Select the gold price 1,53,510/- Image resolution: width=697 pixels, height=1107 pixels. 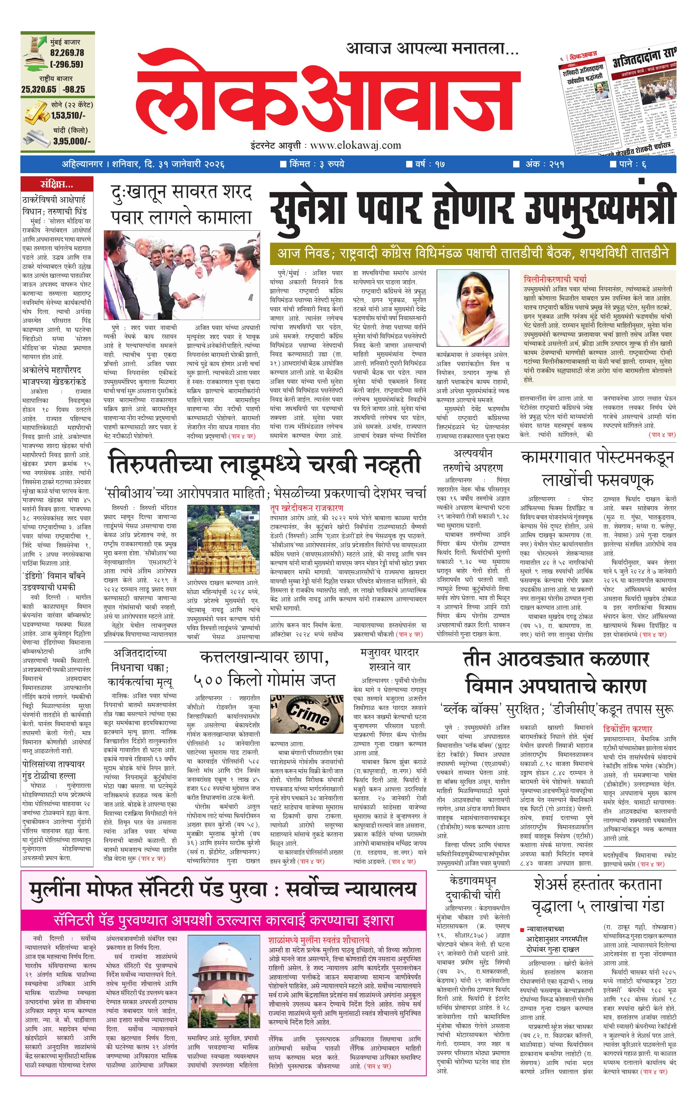(68, 115)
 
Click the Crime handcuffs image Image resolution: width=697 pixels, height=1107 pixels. (307, 716)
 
